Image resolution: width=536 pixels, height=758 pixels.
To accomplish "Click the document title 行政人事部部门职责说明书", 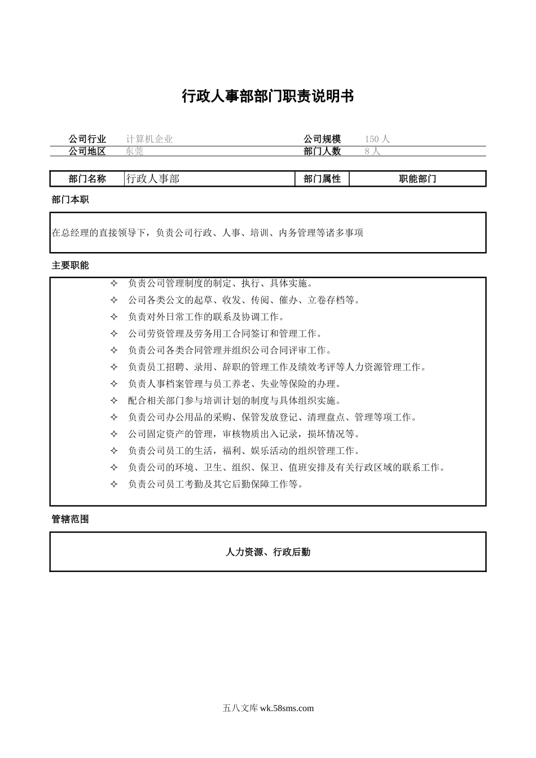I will pyautogui.click(x=267, y=96).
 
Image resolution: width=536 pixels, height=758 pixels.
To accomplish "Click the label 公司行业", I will pyautogui.click(x=87, y=139).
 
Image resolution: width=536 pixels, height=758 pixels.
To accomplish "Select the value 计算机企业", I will pyautogui.click(x=150, y=139).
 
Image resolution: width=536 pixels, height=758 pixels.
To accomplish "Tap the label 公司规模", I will pyautogui.click(x=322, y=139).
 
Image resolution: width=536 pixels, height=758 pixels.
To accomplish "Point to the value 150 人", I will pyautogui.click(x=377, y=139).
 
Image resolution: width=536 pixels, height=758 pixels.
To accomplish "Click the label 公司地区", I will pyautogui.click(x=87, y=151).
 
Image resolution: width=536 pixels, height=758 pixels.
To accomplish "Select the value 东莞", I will pyautogui.click(x=135, y=151).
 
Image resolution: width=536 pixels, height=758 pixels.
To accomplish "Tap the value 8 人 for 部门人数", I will pyautogui.click(x=372, y=151).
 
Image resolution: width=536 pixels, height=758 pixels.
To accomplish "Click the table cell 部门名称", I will pyautogui.click(x=87, y=179).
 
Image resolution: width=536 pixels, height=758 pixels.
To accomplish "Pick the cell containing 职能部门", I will pyautogui.click(x=418, y=179).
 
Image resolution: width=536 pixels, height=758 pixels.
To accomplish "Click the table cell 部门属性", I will pyautogui.click(x=322, y=179).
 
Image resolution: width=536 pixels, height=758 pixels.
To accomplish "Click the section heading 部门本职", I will pyautogui.click(x=70, y=200).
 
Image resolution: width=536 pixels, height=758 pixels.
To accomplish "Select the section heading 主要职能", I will pyautogui.click(x=70, y=265).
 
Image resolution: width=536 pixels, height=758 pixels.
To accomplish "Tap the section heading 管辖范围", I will pyautogui.click(x=70, y=519).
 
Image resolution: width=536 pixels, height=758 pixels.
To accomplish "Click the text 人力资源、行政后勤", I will pyautogui.click(x=267, y=552).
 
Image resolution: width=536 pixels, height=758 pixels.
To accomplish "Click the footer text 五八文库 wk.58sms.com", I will pyautogui.click(x=268, y=708).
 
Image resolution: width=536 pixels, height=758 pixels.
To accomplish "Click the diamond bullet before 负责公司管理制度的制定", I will pyautogui.click(x=114, y=283).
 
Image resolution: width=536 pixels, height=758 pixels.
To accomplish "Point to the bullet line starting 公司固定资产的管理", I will pyautogui.click(x=244, y=434).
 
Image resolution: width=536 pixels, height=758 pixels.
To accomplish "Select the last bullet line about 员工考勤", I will pyautogui.click(x=216, y=484).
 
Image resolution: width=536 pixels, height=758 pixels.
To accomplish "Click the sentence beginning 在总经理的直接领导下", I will pyautogui.click(x=208, y=232).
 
